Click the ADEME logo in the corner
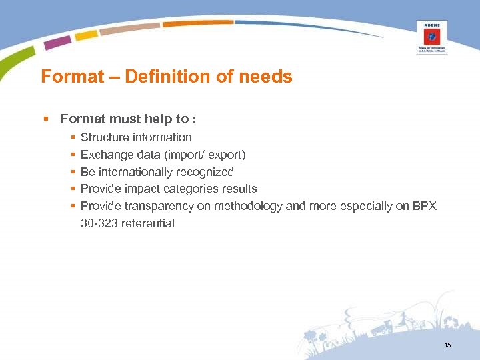pyautogui.click(x=431, y=37)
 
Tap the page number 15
pyautogui.click(x=447, y=345)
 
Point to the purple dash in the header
pyautogui.click(x=57, y=42)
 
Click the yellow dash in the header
pyautogui.click(x=86, y=35)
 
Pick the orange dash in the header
pyautogui.click(x=197, y=23)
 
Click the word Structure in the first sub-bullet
pyautogui.click(x=105, y=137)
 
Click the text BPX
pyautogui.click(x=424, y=206)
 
